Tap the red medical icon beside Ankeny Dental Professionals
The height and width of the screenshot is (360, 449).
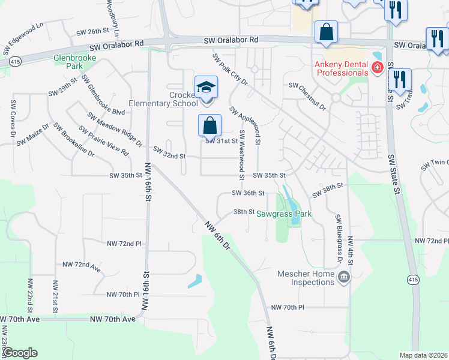377,68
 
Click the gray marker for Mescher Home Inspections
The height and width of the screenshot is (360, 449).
344,277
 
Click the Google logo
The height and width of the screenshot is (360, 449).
20,352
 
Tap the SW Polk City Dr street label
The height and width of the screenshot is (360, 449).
230,70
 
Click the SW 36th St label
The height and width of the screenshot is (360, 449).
249,193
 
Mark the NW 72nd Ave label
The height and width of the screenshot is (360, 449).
82,264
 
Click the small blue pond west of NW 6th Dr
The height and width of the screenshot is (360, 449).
194,281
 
